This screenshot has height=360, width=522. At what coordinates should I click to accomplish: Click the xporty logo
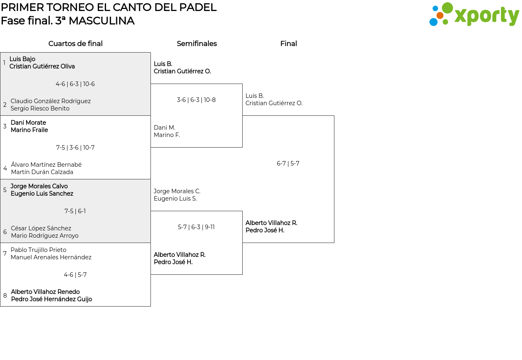[x=474, y=15]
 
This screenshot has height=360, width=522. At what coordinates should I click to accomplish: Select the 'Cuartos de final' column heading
[x=75, y=44]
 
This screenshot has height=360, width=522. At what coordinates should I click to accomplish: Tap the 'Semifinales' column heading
[x=197, y=44]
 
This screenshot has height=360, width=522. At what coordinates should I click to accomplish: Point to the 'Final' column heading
[x=288, y=44]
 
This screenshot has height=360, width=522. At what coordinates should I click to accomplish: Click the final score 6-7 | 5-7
[x=288, y=163]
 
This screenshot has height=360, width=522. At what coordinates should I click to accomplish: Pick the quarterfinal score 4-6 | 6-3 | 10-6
[x=75, y=84]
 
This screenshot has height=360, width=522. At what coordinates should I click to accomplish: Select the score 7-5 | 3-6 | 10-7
[x=75, y=148]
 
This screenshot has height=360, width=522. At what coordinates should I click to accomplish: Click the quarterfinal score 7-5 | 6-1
[x=75, y=211]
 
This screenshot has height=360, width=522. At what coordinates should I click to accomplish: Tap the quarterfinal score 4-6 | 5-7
[x=75, y=275]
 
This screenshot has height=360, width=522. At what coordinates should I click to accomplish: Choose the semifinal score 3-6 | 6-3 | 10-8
[x=196, y=100]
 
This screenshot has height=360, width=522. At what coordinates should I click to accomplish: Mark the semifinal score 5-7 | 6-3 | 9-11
[x=196, y=227]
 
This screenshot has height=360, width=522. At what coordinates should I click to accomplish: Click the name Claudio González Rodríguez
[x=51, y=101]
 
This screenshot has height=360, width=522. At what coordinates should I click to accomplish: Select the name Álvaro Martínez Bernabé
[x=46, y=165]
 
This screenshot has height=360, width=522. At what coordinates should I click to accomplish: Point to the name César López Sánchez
[x=41, y=228]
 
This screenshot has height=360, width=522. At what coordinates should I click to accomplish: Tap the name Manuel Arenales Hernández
[x=51, y=257]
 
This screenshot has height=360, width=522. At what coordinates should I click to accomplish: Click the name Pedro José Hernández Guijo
[x=51, y=299]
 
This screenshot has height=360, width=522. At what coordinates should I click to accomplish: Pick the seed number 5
[x=5, y=190]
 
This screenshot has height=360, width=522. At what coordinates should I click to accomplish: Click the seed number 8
[x=5, y=296]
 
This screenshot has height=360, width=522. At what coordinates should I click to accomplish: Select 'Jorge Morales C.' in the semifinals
[x=177, y=191]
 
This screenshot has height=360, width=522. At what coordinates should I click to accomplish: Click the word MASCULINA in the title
[x=101, y=21]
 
